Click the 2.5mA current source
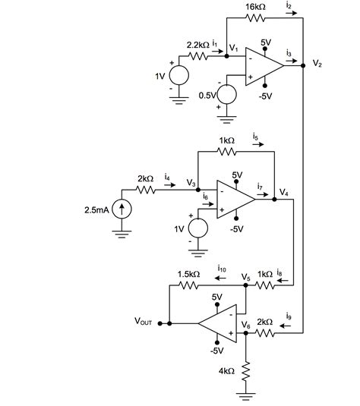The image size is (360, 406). click(122, 209)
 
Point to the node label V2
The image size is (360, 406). click(317, 64)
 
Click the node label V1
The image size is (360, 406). click(233, 49)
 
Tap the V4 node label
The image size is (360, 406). click(283, 192)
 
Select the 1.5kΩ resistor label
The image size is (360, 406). click(188, 273)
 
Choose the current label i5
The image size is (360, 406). click(255, 138)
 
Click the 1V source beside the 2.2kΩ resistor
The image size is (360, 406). click(179, 76)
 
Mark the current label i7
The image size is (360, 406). click(261, 185)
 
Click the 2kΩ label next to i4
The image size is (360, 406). click(145, 179)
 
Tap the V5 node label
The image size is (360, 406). click(245, 278)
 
